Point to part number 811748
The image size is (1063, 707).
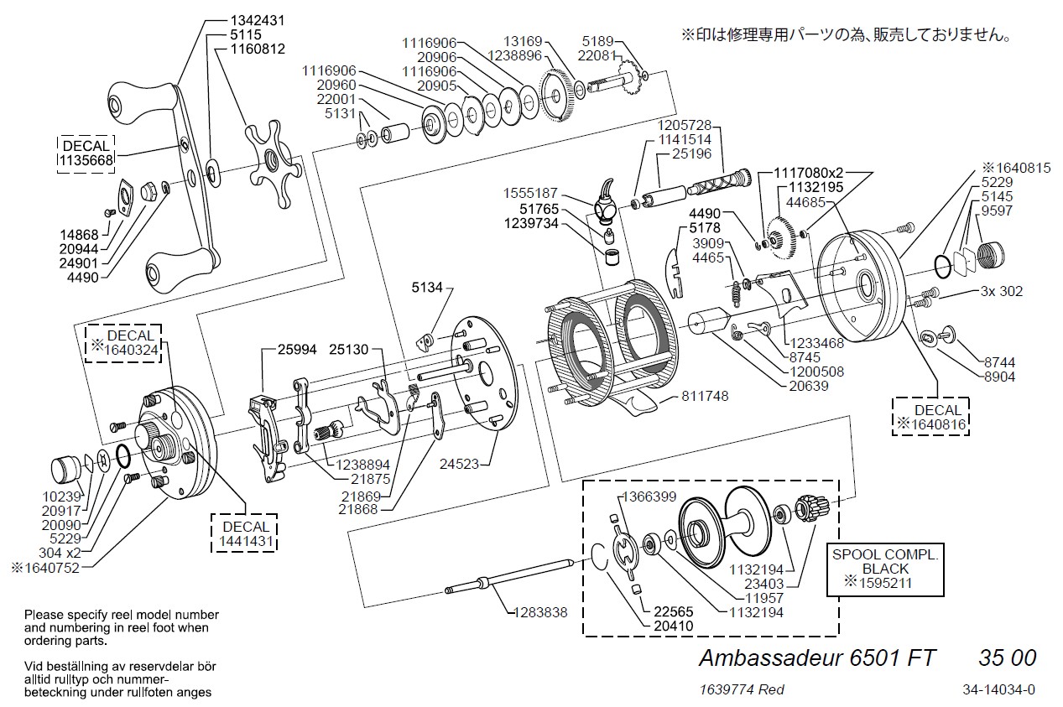tap(706, 394)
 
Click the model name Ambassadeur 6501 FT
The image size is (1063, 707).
tap(817, 657)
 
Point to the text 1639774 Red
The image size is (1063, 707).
tap(741, 689)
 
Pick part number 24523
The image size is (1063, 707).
tap(465, 462)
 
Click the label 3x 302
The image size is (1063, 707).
tap(1001, 291)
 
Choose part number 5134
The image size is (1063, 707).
tap(426, 288)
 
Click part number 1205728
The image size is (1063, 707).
tap(683, 125)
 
